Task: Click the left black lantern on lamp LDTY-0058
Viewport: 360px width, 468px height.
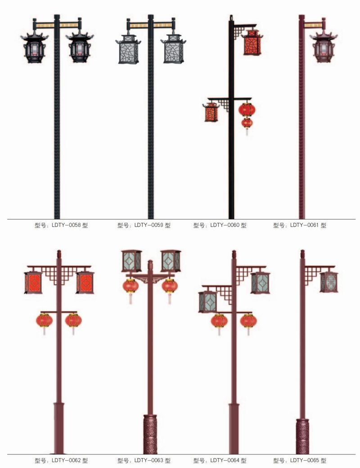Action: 35,47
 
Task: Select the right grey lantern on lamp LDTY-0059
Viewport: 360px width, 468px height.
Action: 173,49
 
